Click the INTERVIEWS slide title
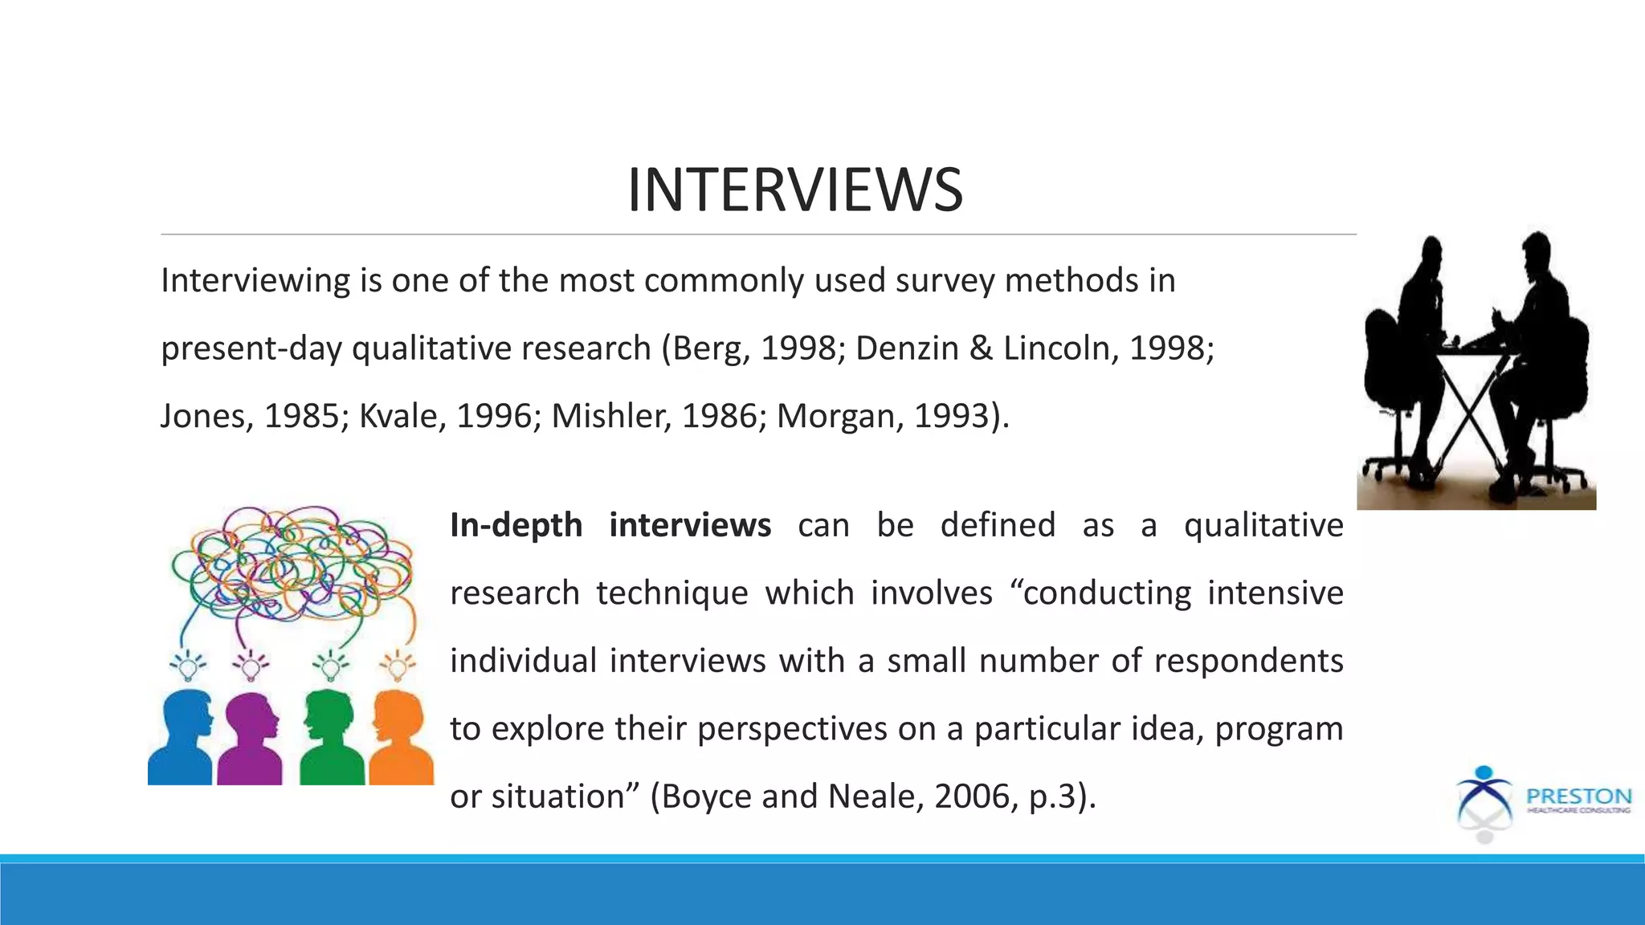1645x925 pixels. tap(794, 190)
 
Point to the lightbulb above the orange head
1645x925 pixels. tap(398, 666)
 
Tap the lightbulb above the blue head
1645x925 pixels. tap(188, 666)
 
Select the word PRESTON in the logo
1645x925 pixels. tap(1578, 796)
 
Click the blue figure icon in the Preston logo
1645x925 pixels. tap(1484, 795)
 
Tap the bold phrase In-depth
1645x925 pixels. tap(516, 525)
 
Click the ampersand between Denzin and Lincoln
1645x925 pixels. tap(981, 348)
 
